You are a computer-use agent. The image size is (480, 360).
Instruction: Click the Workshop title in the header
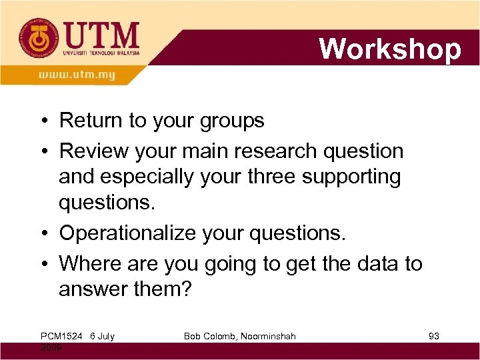(390, 49)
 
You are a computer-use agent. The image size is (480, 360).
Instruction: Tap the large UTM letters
(102, 34)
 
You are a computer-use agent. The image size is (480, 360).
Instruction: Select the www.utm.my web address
(77, 75)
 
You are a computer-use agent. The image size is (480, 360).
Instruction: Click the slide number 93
(433, 337)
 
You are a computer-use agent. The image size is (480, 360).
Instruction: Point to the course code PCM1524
(61, 337)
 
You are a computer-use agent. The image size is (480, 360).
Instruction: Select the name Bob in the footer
(194, 337)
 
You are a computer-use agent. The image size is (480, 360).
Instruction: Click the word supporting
(356, 177)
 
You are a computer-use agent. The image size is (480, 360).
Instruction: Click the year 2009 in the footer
(53, 348)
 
